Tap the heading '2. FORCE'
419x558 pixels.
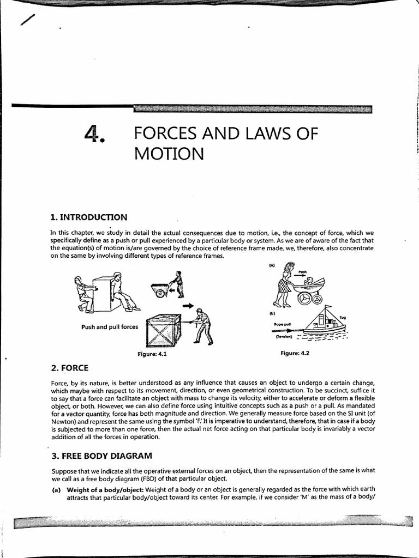click(x=69, y=367)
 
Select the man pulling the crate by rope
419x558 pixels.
click(x=202, y=326)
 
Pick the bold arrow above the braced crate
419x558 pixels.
click(x=188, y=306)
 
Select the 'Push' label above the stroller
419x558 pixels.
click(x=303, y=271)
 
